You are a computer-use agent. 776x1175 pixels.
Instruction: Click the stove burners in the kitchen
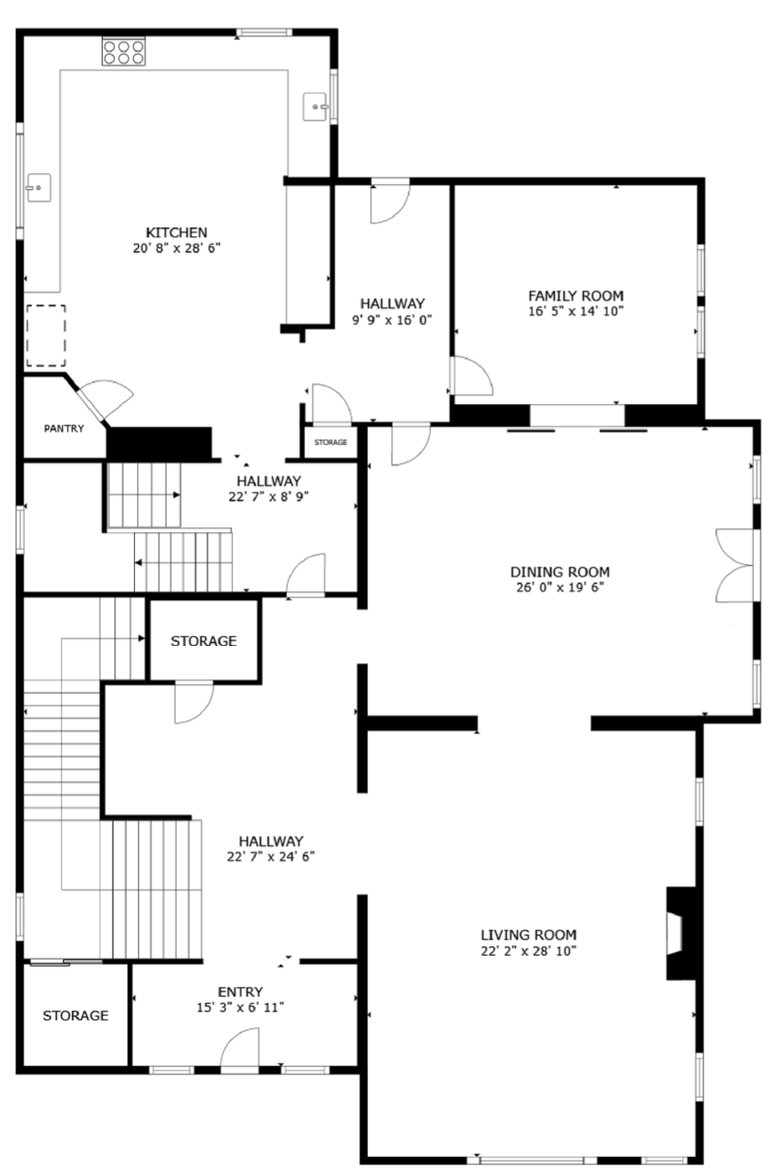(x=123, y=52)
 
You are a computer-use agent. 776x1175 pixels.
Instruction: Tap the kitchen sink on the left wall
(x=38, y=188)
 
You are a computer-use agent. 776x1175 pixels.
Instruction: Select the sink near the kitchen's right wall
(x=316, y=106)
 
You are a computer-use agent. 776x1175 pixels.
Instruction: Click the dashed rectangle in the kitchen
(x=47, y=335)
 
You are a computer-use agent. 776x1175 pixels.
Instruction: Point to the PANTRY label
(x=64, y=428)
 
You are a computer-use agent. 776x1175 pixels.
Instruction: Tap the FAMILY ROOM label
(x=576, y=296)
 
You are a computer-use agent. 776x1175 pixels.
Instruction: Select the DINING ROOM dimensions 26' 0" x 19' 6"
(x=559, y=587)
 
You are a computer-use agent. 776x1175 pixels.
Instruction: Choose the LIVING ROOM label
(x=528, y=935)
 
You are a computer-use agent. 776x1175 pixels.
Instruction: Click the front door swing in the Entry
(x=239, y=1049)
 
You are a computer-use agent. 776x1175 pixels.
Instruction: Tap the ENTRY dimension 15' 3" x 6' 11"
(x=240, y=1007)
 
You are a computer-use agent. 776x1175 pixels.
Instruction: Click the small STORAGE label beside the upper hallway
(x=330, y=442)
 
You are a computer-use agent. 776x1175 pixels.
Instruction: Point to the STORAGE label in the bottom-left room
(x=75, y=1016)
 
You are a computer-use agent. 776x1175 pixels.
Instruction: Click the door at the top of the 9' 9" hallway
(x=390, y=203)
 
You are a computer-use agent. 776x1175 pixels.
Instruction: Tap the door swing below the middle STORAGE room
(x=194, y=702)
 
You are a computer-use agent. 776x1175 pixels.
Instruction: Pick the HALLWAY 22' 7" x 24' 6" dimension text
(x=271, y=857)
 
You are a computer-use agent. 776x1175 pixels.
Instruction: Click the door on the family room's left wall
(x=471, y=375)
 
